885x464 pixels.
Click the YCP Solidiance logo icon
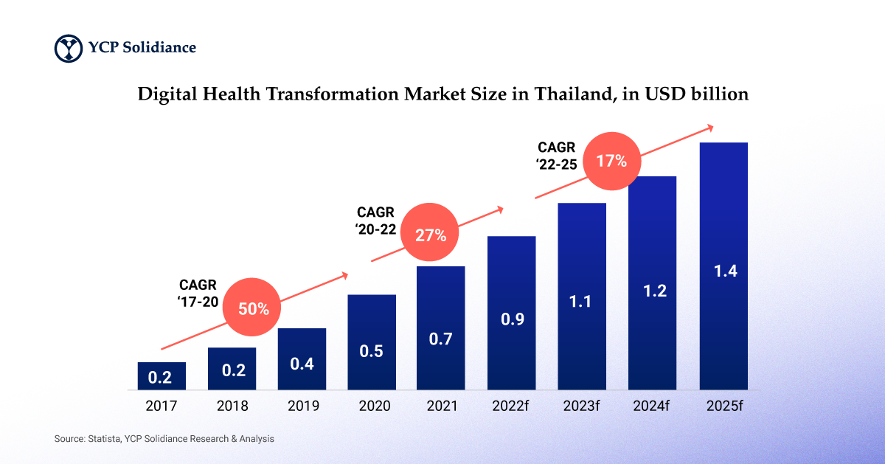(x=69, y=48)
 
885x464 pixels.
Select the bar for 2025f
(x=723, y=266)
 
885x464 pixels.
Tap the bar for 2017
(x=162, y=375)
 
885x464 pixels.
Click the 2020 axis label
(x=371, y=406)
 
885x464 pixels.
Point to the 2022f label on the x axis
(x=511, y=406)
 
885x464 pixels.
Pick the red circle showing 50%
(x=253, y=309)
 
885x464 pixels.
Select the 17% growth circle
(x=611, y=160)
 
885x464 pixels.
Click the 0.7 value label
(x=440, y=339)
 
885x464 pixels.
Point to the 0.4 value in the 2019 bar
(x=301, y=364)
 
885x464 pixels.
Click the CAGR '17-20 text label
(x=198, y=293)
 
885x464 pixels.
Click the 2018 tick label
(x=232, y=406)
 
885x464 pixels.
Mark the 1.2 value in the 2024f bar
(x=653, y=291)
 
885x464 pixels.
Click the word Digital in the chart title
(x=164, y=94)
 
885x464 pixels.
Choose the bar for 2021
(x=440, y=328)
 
